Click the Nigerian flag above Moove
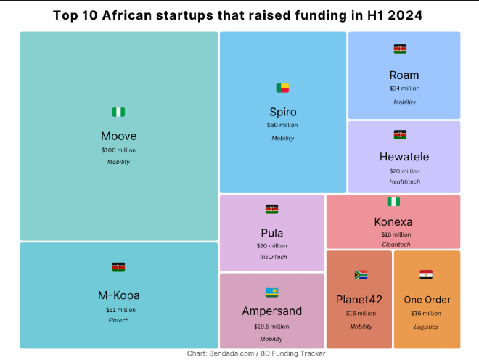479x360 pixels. point(118,112)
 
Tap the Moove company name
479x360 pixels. point(118,136)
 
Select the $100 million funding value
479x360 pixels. point(118,150)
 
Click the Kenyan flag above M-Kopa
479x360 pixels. point(118,267)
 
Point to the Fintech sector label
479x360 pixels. point(118,320)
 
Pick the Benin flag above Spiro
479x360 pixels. point(282,88)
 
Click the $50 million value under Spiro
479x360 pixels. point(282,125)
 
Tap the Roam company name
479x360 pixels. point(404,75)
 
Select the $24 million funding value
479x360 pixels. point(404,89)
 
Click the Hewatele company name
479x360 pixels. point(404,157)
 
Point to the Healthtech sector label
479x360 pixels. point(404,181)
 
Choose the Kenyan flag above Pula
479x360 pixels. point(272,209)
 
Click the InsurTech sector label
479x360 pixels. point(273,257)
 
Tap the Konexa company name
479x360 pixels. point(393,221)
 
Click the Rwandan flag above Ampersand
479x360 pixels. point(272,292)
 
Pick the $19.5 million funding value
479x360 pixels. point(271,326)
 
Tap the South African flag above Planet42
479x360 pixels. point(361,275)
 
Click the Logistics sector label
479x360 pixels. point(426,327)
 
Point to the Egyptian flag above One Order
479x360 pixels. point(426,275)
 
